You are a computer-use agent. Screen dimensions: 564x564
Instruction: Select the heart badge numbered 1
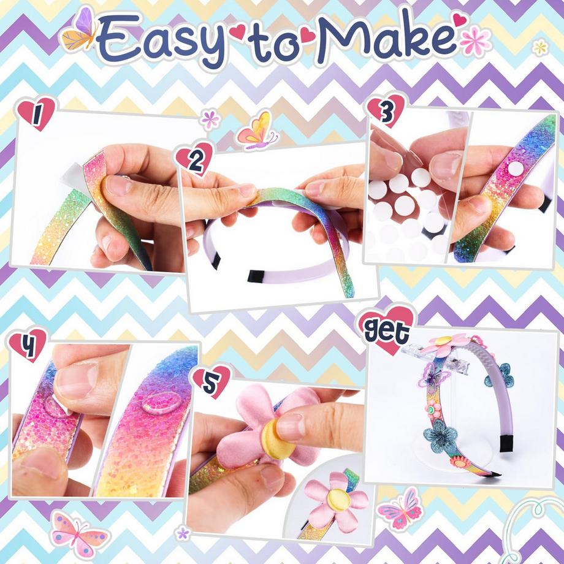(x=37, y=113)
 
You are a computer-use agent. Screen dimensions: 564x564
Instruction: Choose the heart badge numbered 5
(x=211, y=380)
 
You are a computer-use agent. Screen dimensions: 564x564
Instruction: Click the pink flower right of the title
(x=475, y=41)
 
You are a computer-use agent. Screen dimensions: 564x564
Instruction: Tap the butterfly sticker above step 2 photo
(x=257, y=131)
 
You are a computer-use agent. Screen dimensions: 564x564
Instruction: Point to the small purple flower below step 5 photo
(x=182, y=533)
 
